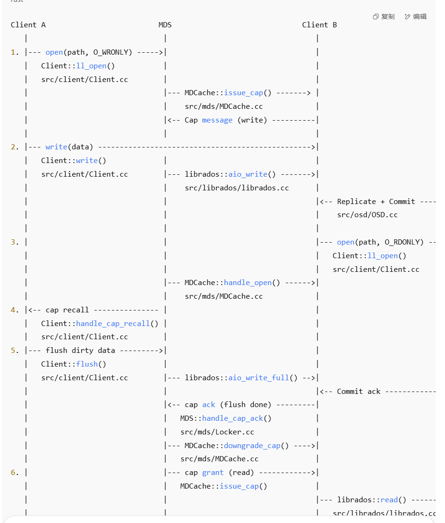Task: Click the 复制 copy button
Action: point(384,16)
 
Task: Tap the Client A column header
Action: point(28,25)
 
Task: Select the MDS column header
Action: point(165,25)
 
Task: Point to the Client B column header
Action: point(319,25)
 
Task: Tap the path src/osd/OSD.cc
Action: point(367,215)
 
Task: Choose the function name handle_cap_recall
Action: point(113,324)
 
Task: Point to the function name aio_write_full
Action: point(259,378)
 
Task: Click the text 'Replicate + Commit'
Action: point(376,202)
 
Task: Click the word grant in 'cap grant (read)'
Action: point(213,473)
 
